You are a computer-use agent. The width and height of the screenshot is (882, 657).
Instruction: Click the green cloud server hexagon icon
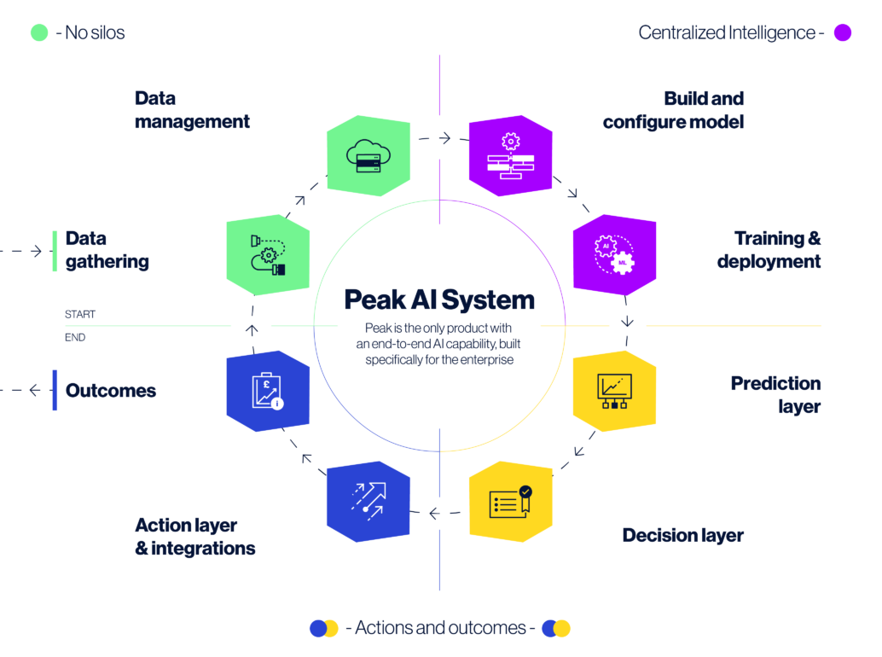[368, 155]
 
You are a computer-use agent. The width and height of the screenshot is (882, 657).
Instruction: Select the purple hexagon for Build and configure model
[510, 155]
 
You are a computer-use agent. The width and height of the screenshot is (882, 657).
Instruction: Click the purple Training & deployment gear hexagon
[614, 254]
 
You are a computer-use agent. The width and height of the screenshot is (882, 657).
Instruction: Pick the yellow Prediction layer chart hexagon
[614, 391]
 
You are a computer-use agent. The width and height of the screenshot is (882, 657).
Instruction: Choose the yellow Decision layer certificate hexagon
[510, 502]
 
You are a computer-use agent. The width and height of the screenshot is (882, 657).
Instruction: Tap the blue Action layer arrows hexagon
[368, 502]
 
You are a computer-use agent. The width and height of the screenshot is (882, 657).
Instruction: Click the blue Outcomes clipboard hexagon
[268, 391]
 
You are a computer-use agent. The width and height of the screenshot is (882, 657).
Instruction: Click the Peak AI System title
[439, 299]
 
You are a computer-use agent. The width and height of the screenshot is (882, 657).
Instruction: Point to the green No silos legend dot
[39, 33]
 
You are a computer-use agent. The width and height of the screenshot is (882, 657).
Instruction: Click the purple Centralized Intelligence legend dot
[843, 33]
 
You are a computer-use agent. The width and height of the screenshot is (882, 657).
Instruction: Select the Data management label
[192, 110]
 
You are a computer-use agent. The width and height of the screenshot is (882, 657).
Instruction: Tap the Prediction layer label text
[775, 395]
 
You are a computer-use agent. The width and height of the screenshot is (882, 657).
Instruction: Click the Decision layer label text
[682, 536]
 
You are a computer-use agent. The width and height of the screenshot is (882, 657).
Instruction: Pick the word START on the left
[80, 315]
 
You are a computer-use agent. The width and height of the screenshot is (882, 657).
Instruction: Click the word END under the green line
[75, 338]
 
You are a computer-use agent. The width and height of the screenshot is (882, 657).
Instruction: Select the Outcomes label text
[111, 391]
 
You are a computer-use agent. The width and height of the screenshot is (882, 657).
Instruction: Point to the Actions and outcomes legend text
[440, 629]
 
